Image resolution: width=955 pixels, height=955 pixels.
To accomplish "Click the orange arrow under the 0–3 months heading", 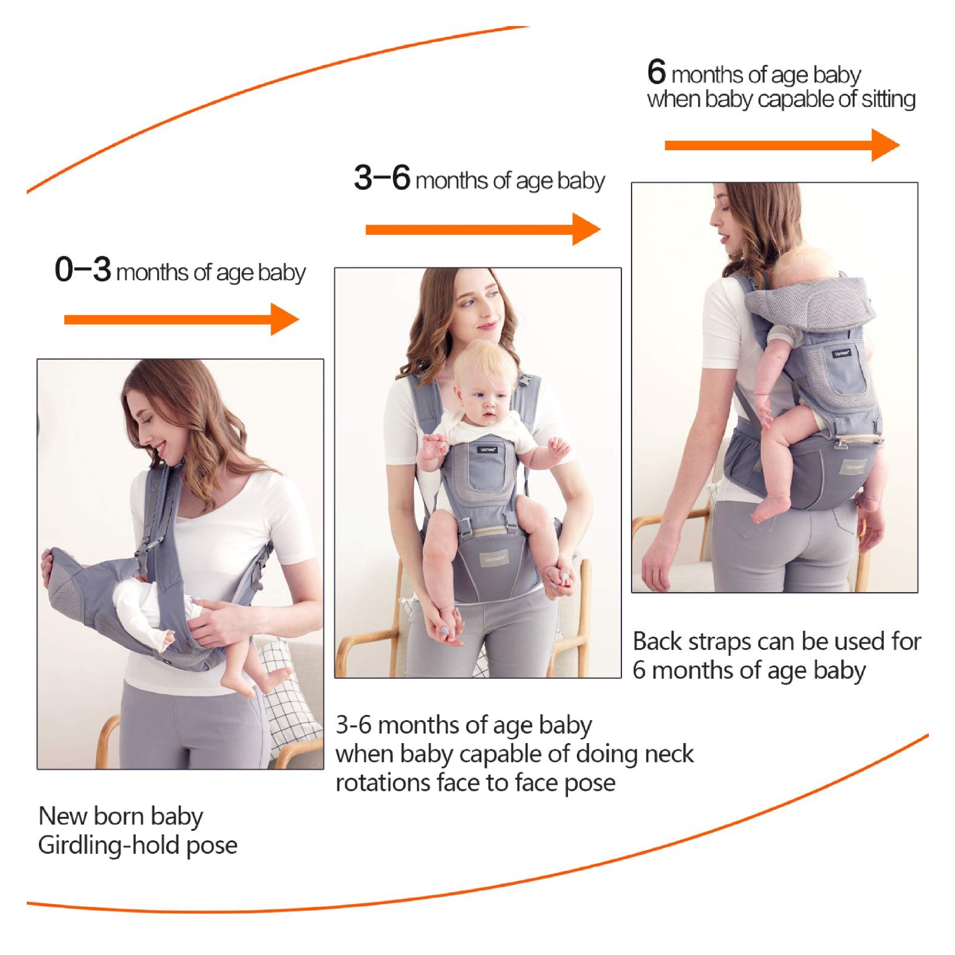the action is coord(181,319).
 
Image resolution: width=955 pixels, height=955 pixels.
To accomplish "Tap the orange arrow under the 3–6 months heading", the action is coord(483,229).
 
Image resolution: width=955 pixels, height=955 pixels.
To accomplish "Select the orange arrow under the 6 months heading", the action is coord(782,145).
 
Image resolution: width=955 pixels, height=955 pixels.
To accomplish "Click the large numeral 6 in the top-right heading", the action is coord(656,72).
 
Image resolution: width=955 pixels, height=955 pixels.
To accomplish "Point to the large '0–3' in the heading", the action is coord(83,269).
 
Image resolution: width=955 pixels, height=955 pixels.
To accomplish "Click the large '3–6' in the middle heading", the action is coord(382,178).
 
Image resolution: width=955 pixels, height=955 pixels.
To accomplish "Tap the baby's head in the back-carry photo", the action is coord(803,267).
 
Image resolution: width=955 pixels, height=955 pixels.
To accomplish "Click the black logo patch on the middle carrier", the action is coord(487,449).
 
